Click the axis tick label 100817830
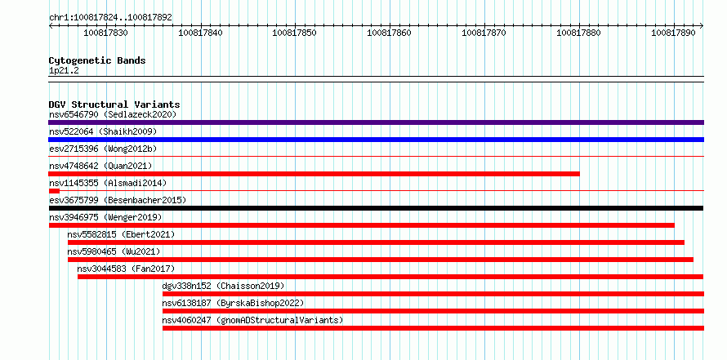click(105, 33)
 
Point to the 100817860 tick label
click(389, 33)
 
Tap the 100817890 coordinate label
click(673, 33)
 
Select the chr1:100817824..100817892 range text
click(110, 17)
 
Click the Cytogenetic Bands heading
click(97, 60)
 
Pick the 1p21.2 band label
click(64, 71)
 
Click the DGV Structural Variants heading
click(114, 104)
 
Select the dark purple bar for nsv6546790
click(376, 122)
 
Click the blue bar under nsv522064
click(376, 140)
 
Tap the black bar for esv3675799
click(376, 208)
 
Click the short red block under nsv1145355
click(54, 191)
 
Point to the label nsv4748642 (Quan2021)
click(100, 166)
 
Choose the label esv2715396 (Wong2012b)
click(103, 149)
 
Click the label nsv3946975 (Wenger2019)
click(105, 217)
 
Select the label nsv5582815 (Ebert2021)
click(121, 234)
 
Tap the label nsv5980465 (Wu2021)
click(114, 251)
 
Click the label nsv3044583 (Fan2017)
click(126, 269)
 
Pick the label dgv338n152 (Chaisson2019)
click(223, 286)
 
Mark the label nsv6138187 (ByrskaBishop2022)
click(233, 303)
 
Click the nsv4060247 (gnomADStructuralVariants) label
click(252, 320)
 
